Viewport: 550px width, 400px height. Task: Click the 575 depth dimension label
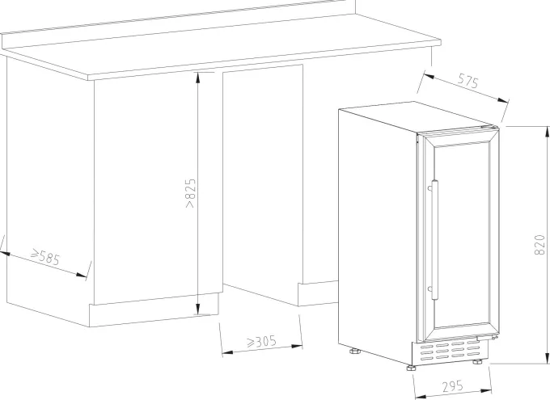pyautogui.click(x=468, y=82)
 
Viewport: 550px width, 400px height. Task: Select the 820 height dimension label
pyautogui.click(x=540, y=245)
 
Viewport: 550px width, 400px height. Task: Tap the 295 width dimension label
pyautogui.click(x=452, y=386)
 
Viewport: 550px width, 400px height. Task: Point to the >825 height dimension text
pyautogui.click(x=190, y=193)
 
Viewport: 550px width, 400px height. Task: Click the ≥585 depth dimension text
pyautogui.click(x=45, y=257)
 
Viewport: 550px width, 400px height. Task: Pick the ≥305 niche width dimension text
pyautogui.click(x=261, y=342)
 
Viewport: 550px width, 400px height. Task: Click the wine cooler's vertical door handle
pyautogui.click(x=435, y=240)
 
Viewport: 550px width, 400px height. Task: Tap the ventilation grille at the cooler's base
pyautogui.click(x=450, y=352)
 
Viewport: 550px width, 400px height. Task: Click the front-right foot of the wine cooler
pyautogui.click(x=477, y=362)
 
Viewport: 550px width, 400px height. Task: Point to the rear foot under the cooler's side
pyautogui.click(x=355, y=351)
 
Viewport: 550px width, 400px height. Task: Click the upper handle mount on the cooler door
pyautogui.click(x=430, y=188)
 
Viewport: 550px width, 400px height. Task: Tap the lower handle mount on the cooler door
pyautogui.click(x=430, y=289)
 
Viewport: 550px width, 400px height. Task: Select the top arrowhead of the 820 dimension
pyautogui.click(x=547, y=133)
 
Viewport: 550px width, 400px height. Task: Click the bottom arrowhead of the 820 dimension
pyautogui.click(x=547, y=358)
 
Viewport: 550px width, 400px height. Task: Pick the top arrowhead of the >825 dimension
pyautogui.click(x=198, y=78)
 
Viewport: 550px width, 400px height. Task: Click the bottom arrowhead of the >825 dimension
pyautogui.click(x=198, y=309)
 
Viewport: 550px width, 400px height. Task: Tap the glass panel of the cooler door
pyautogui.click(x=462, y=236)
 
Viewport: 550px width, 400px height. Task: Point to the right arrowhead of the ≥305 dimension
pyautogui.click(x=296, y=347)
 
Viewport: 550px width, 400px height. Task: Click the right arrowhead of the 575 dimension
pyautogui.click(x=502, y=101)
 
